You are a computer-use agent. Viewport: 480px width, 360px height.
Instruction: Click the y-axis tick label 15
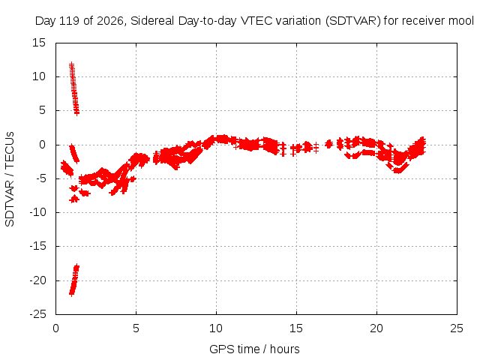pyautogui.click(x=39, y=43)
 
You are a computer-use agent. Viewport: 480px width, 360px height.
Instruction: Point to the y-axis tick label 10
pyautogui.click(x=39, y=76)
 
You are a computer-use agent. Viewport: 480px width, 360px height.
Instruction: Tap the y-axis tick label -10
pyautogui.click(x=37, y=212)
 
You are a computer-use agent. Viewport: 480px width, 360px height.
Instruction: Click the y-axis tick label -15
pyautogui.click(x=37, y=246)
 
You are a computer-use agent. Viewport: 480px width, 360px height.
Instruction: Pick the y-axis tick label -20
pyautogui.click(x=37, y=280)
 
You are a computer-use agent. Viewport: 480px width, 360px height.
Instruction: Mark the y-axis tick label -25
pyautogui.click(x=37, y=314)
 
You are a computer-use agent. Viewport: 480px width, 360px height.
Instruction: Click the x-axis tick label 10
pyautogui.click(x=216, y=328)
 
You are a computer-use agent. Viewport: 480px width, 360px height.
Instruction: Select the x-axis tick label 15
pyautogui.click(x=296, y=328)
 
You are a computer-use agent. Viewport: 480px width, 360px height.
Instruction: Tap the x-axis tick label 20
pyautogui.click(x=376, y=328)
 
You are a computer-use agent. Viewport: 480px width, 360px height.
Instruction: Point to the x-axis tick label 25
pyautogui.click(x=457, y=328)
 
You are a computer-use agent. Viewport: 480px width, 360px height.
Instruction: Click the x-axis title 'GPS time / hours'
pyautogui.click(x=254, y=349)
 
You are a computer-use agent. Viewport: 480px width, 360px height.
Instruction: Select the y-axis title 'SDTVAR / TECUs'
pyautogui.click(x=10, y=179)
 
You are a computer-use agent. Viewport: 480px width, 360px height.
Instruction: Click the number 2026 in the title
pyautogui.click(x=110, y=21)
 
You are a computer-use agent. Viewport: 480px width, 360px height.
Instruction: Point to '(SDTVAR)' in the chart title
pyautogui.click(x=353, y=21)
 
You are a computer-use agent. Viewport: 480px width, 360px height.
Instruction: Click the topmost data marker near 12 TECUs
pyautogui.click(x=71, y=64)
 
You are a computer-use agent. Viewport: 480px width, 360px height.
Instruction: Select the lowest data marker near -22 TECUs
pyautogui.click(x=71, y=294)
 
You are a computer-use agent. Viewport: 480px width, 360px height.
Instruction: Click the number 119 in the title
pyautogui.click(x=69, y=21)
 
